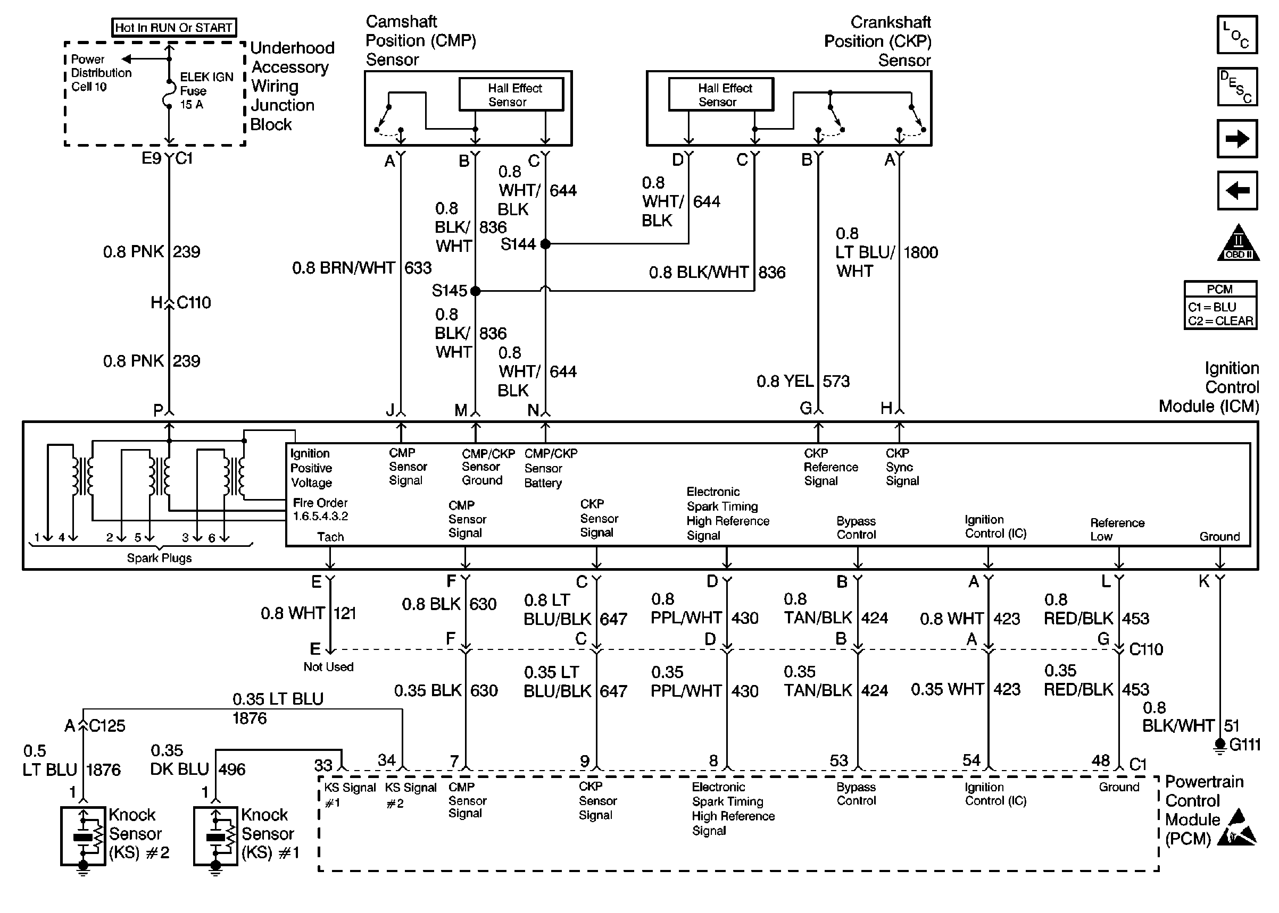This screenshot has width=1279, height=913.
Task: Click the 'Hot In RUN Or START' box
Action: tap(174, 28)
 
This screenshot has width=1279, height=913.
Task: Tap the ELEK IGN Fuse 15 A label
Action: tap(205, 91)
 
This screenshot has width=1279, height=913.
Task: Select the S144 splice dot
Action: tap(545, 244)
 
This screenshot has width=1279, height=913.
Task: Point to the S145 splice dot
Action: tap(476, 291)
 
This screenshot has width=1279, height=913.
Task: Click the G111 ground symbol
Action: tap(1219, 745)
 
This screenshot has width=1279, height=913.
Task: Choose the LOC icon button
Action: tap(1237, 35)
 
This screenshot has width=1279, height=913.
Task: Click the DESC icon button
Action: tap(1237, 87)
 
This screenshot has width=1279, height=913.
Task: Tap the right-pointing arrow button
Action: tap(1237, 138)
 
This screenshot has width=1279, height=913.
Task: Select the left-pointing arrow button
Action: tap(1237, 191)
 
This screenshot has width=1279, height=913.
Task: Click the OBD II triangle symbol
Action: tap(1238, 243)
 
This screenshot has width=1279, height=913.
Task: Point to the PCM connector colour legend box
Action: tap(1220, 305)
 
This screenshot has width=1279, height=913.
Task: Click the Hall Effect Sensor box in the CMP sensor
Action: tap(511, 95)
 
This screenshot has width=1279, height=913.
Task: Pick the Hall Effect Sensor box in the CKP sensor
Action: tap(721, 95)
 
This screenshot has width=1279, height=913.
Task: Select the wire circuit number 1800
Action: tap(920, 252)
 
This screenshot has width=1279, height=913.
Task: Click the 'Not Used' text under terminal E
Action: tap(329, 667)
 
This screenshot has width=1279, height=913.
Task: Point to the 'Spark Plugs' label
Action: tap(159, 558)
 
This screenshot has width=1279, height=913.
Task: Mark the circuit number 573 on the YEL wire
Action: tap(836, 381)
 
